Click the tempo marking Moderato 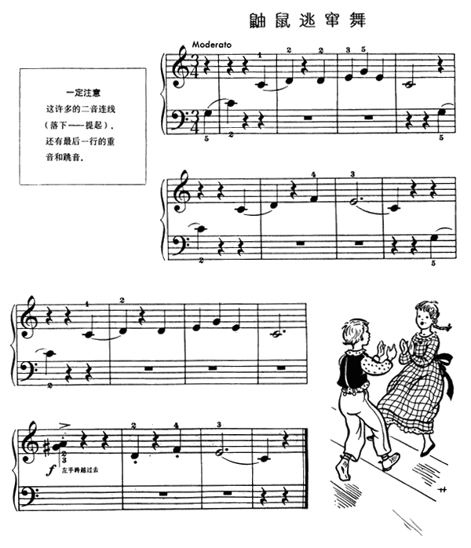tap(211, 45)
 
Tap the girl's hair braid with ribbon tap(446, 324)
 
